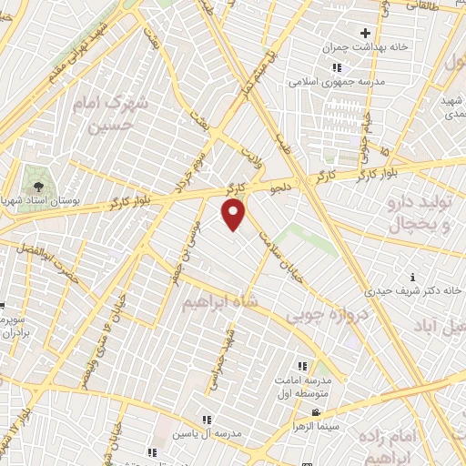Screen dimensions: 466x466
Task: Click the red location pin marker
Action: (x=234, y=214)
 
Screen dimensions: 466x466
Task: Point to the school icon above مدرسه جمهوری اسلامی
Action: (x=336, y=67)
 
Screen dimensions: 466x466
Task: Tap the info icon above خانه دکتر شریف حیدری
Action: (x=413, y=276)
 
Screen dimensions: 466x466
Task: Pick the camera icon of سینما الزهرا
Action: (x=316, y=412)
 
